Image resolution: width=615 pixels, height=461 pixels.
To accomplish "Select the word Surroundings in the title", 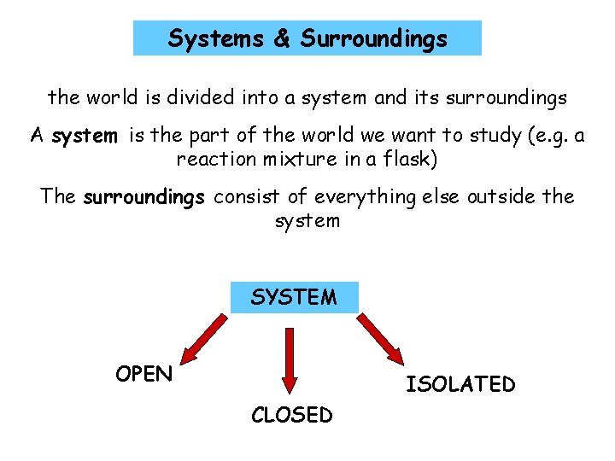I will pos(374,38).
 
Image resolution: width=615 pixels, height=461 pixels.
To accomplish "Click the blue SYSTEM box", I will pos(295,297).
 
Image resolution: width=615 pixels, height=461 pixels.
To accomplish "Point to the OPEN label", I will pos(143,374).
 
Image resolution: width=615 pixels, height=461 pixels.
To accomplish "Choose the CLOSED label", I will pos(291,415).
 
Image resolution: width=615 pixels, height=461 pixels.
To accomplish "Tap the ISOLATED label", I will pos(460,384).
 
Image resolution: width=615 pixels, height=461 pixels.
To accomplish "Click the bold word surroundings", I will pos(143,198).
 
